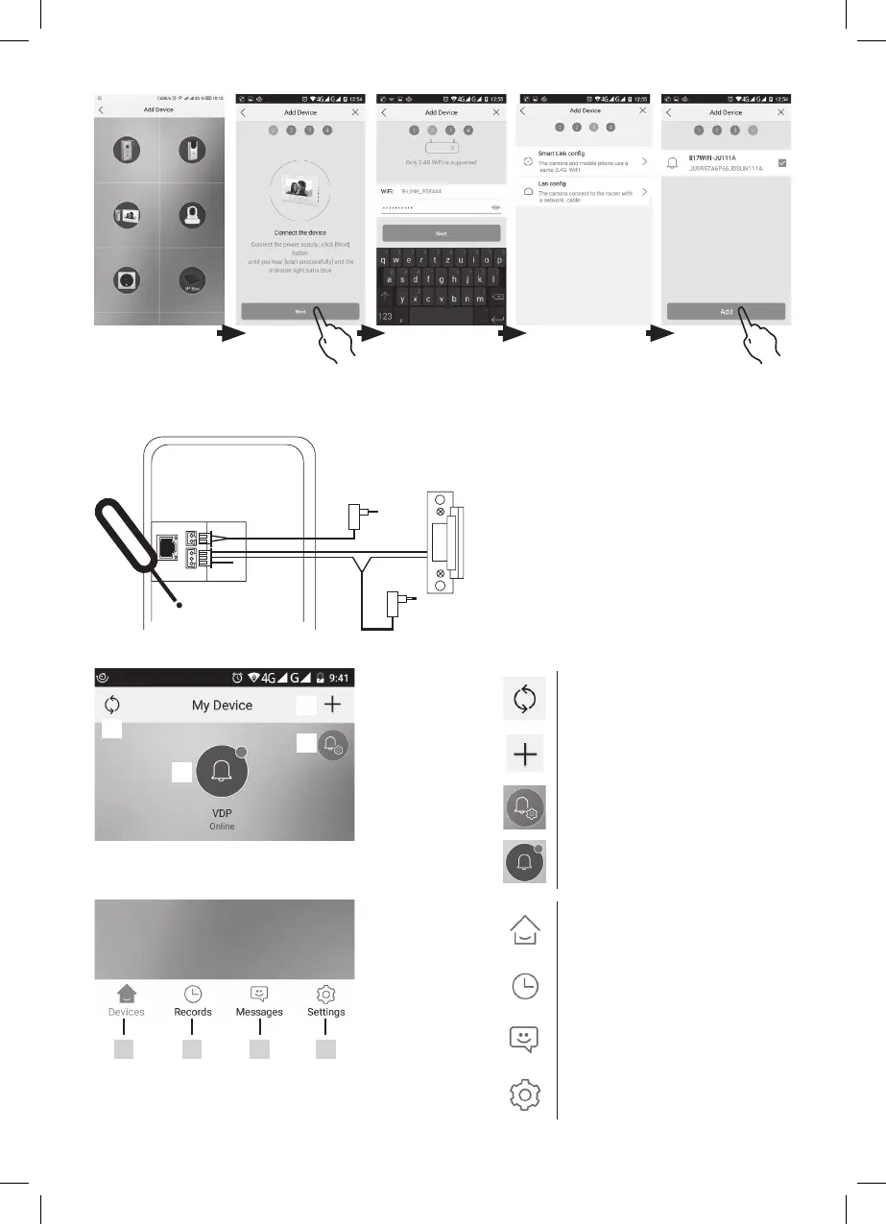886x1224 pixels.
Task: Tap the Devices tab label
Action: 127,1012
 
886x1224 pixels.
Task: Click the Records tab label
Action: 193,1012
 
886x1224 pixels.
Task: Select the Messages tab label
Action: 259,1012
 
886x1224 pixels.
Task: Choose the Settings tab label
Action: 326,1012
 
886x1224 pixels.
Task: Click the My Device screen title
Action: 222,705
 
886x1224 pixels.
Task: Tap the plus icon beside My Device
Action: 333,705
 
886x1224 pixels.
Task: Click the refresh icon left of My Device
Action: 112,705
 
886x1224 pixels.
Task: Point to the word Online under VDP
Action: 222,827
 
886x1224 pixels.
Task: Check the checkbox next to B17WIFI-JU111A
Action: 782,163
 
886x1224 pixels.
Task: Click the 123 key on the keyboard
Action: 387,316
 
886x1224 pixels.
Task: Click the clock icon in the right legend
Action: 525,986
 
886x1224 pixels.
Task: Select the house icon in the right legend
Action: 525,931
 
